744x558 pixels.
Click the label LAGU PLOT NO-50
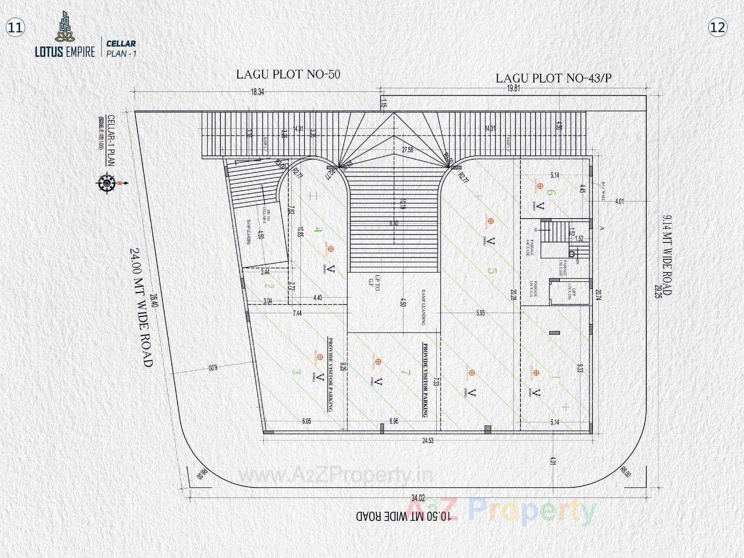point(288,74)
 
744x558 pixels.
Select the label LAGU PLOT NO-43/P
point(553,78)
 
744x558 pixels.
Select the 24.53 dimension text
point(428,441)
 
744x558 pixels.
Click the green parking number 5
point(491,271)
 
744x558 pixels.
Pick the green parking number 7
point(405,373)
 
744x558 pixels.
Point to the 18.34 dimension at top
point(257,92)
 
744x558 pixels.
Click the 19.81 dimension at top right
point(513,88)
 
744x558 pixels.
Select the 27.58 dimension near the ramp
point(407,150)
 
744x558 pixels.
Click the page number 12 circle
point(718,28)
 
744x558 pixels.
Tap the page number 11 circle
point(15,28)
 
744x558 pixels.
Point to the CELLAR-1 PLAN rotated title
point(111,140)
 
